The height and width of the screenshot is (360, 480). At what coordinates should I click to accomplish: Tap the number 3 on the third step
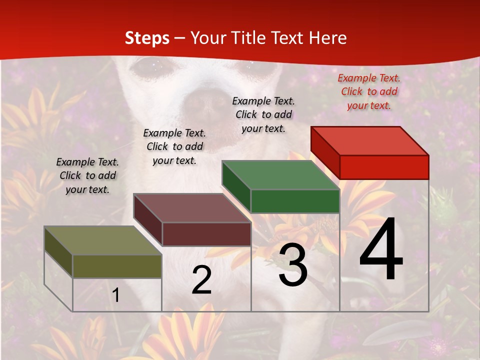coord(293,265)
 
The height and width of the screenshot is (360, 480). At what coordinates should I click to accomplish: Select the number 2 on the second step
coord(201,280)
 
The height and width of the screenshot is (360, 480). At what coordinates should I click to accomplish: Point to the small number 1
coord(115,295)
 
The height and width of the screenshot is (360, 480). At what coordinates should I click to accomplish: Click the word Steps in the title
coord(147,38)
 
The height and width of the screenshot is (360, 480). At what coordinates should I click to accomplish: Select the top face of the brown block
coord(192,208)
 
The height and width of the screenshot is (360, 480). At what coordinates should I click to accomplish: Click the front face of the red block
coord(384,167)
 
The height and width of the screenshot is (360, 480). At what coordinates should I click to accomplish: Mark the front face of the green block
coord(295,201)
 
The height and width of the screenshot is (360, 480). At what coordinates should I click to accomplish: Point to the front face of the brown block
coord(206,234)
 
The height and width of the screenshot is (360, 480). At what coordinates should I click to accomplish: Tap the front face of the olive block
coord(117,266)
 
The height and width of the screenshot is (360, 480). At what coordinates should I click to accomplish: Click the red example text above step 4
coord(369,91)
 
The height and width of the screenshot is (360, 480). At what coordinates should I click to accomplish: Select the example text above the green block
coord(263,114)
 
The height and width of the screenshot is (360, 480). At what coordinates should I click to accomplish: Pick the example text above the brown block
coord(174,146)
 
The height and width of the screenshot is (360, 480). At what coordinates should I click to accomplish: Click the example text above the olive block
coord(87,175)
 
